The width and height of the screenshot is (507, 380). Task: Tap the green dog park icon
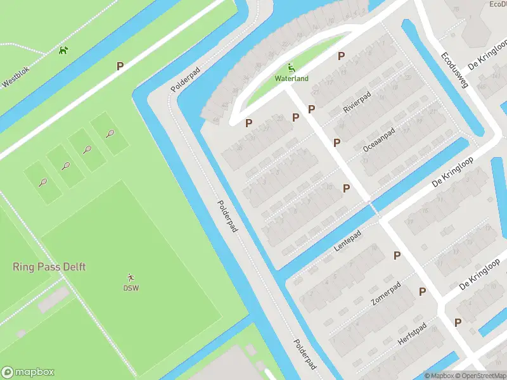63,50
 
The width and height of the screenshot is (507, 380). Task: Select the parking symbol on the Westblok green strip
120,65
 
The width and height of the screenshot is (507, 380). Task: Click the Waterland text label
292,79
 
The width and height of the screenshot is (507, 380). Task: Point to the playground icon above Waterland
292,68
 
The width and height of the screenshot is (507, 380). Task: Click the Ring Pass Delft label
49,267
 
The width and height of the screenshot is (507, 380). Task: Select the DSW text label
131,288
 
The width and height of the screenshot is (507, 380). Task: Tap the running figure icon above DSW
131,277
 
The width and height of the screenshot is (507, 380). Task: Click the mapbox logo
28,372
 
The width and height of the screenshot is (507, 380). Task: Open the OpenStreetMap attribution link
480,376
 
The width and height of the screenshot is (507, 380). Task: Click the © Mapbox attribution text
439,376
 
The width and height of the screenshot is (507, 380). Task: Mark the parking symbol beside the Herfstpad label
458,322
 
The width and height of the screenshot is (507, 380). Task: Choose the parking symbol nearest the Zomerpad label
422,291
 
